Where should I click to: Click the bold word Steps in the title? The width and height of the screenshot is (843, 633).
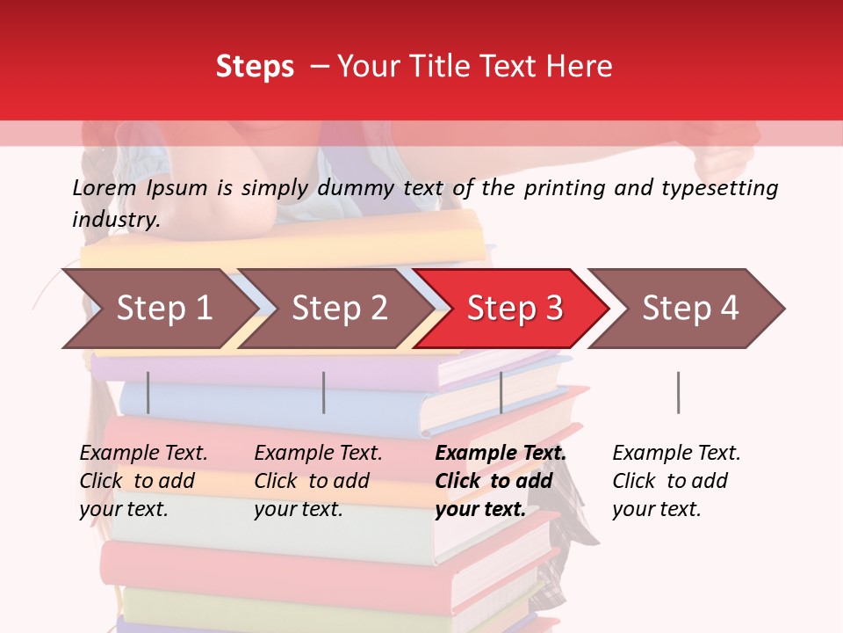[x=255, y=66]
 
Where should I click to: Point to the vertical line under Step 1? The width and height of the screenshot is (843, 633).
[x=148, y=392]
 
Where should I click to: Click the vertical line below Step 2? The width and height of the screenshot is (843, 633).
[x=324, y=392]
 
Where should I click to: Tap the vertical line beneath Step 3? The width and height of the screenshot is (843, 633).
[x=501, y=392]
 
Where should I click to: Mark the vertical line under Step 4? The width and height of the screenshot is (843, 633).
[x=678, y=392]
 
